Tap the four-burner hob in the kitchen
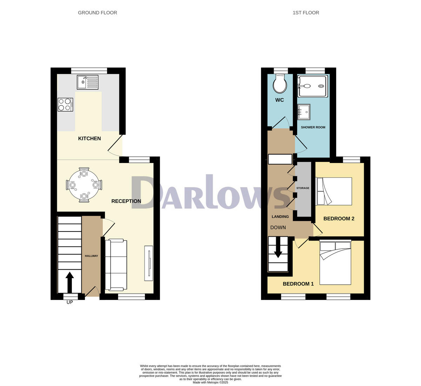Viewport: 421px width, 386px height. click(66, 104)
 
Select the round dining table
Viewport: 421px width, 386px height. click(84, 185)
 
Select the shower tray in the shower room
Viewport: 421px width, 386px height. click(312, 86)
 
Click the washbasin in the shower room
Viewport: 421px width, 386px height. click(304, 112)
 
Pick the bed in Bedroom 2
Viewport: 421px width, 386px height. click(334, 191)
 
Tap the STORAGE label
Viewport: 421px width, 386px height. click(303, 188)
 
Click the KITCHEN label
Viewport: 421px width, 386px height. click(89, 138)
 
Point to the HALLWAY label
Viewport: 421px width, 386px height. click(92, 256)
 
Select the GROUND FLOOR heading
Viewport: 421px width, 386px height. click(98, 13)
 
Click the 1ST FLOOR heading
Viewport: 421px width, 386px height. click(306, 13)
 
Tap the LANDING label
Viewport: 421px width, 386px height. click(280, 217)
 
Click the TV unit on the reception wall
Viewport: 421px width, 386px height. click(149, 263)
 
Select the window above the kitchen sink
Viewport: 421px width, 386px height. click(89, 71)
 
